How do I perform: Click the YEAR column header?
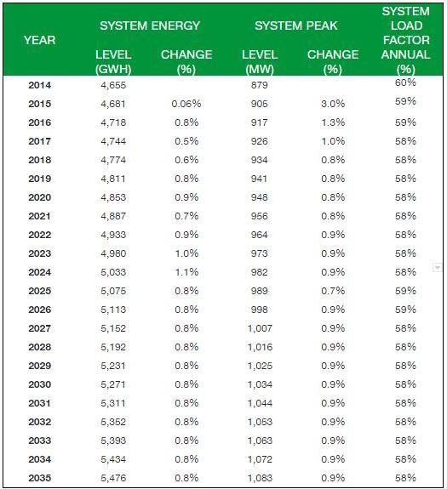pos(40,40)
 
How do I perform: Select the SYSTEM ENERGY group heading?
pos(150,26)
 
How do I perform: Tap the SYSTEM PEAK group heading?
pos(296,26)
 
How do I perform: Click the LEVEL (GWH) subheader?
pos(113,62)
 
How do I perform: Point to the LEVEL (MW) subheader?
pos(260,62)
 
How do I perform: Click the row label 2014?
pos(40,85)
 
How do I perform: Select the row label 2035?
pos(40,478)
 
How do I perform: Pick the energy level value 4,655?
pos(113,85)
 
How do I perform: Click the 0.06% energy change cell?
pos(186,104)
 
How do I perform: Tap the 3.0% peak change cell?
pos(333,104)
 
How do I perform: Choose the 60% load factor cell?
pos(405,82)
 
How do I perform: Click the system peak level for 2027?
pos(260,328)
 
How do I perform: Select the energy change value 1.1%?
pos(186,272)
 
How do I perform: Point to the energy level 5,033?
pos(113,272)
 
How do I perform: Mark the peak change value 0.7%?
pos(333,291)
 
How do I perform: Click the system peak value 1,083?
pos(260,478)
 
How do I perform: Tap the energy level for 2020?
pos(113,197)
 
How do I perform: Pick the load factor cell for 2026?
pos(405,310)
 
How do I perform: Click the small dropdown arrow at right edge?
pos(438,268)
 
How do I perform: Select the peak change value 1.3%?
pos(333,122)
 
